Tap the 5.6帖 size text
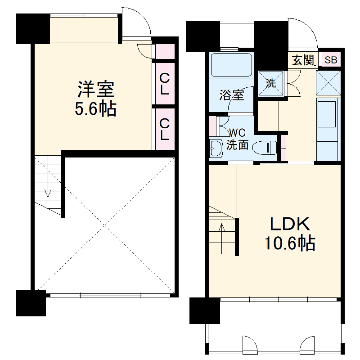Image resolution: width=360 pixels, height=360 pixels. [95, 109]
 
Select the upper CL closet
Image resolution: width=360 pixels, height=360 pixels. [164, 84]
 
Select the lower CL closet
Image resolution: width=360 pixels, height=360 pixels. [164, 129]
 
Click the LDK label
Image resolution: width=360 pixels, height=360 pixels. [290, 224]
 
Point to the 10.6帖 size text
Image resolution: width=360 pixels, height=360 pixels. [289, 243]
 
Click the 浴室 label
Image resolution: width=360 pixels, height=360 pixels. [232, 95]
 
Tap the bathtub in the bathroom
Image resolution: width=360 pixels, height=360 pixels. [231, 65]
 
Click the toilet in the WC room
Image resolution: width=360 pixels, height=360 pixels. [265, 147]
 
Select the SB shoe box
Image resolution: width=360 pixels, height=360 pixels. [330, 60]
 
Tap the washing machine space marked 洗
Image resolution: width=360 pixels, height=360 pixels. [271, 83]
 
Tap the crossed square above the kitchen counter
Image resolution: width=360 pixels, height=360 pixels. [327, 82]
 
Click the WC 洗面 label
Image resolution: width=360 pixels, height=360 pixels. [237, 139]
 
